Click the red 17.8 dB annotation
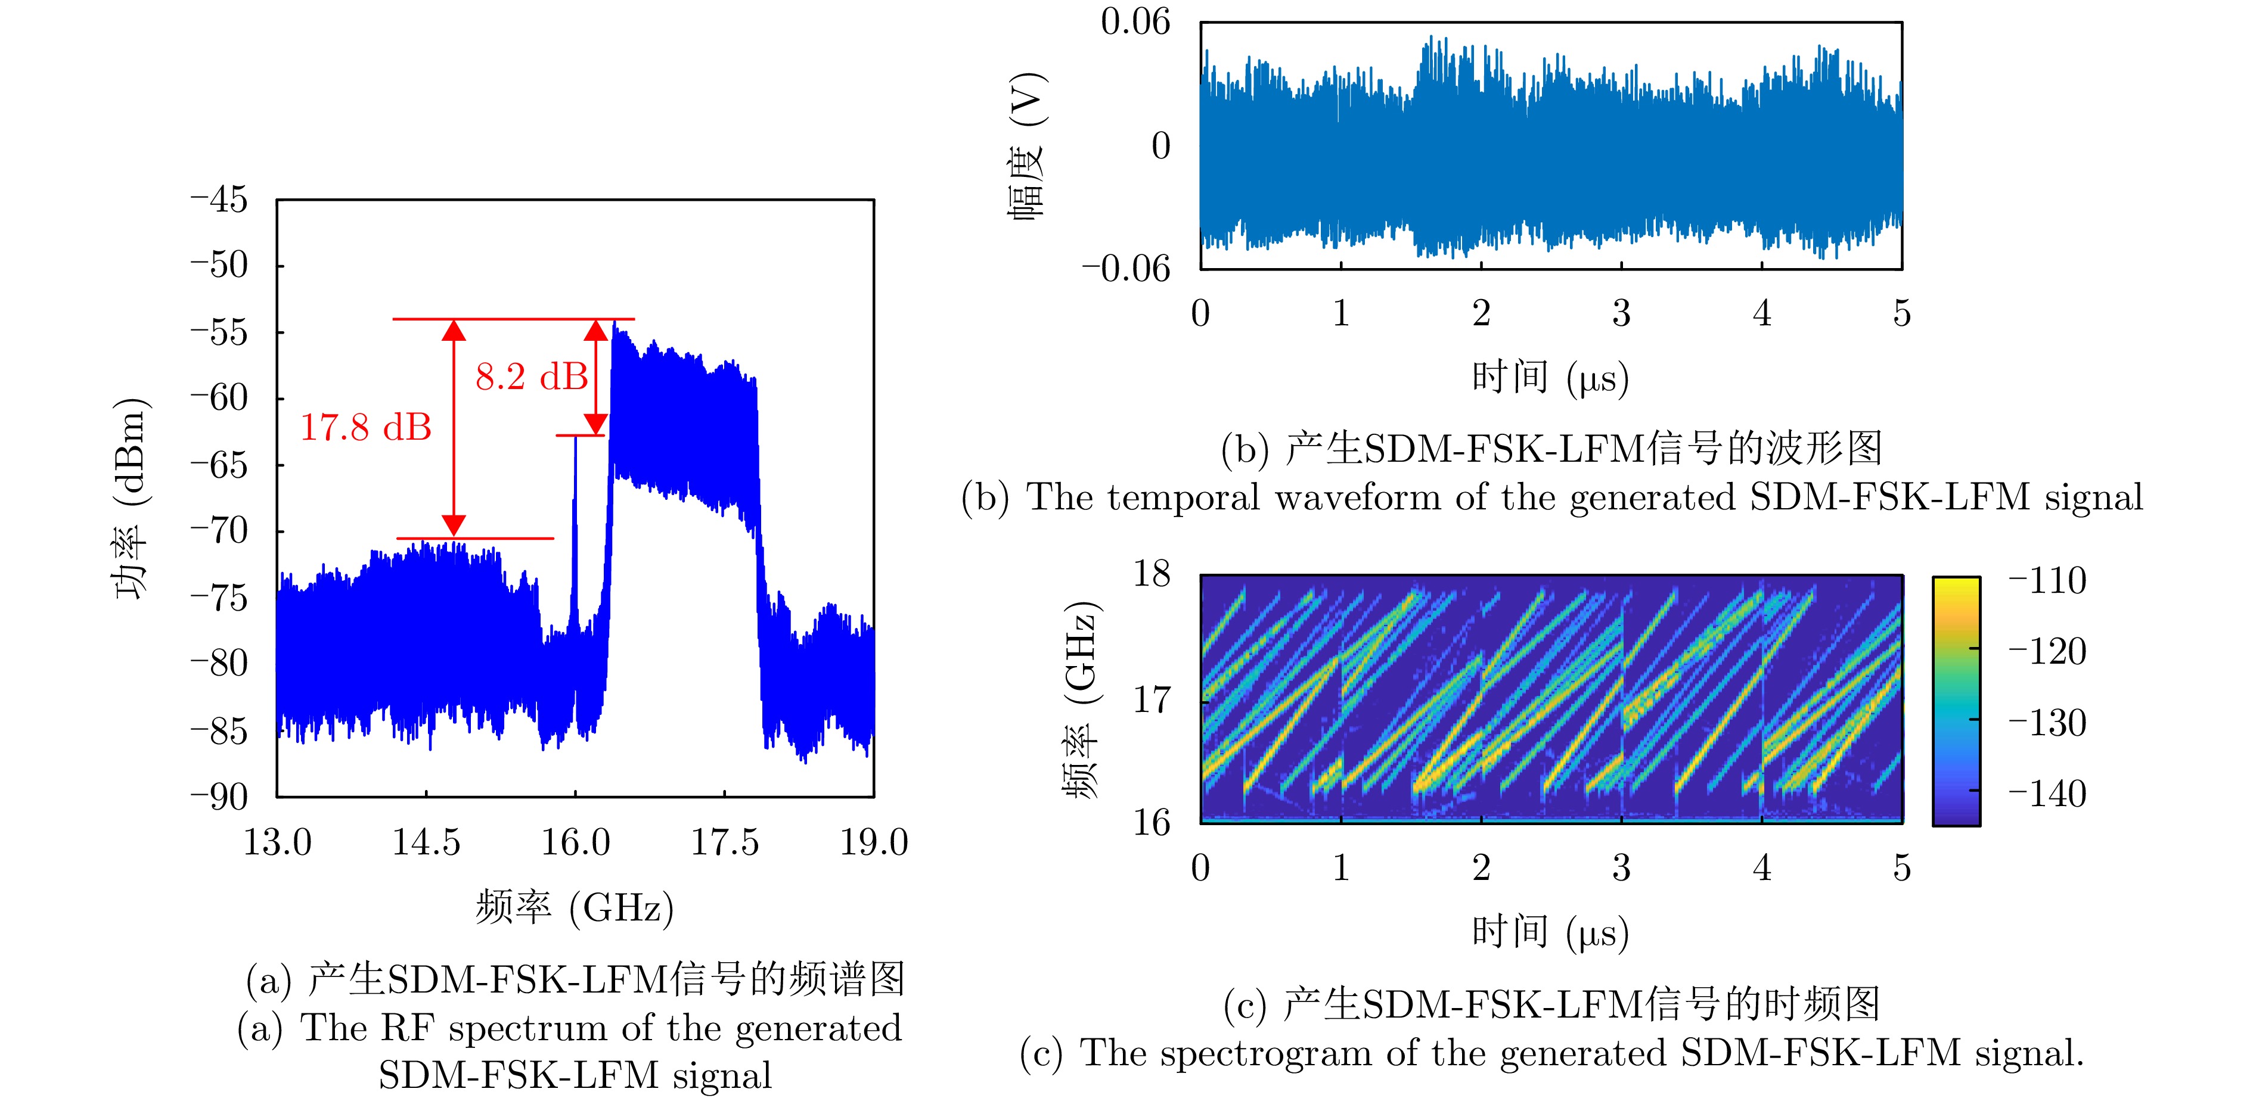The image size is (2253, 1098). point(365,428)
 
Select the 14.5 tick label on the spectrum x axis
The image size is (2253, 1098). point(426,843)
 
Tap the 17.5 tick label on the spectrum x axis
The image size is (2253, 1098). point(724,843)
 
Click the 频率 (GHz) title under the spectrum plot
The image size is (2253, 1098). point(575,909)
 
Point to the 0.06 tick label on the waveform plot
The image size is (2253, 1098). point(1134,22)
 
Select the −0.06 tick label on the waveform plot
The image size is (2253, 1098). point(1126,268)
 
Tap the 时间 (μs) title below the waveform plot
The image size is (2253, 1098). point(1550,378)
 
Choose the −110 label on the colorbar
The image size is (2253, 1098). point(2047,580)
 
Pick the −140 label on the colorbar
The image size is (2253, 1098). point(2047,794)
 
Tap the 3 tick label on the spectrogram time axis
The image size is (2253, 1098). point(1621,868)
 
